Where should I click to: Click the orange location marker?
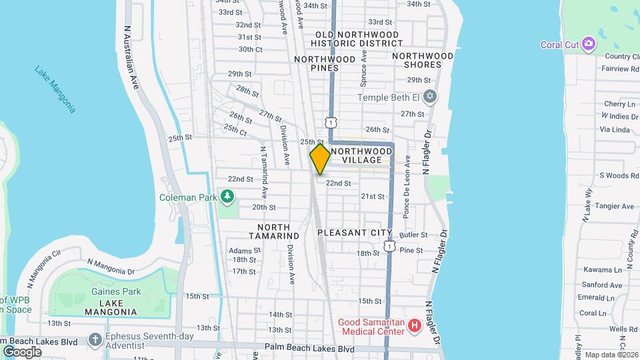coord(321,159)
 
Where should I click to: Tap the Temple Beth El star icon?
coord(430,97)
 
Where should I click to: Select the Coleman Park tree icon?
coord(228,197)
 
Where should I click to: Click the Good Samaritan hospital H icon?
coord(415,326)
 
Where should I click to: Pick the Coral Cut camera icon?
coord(588,45)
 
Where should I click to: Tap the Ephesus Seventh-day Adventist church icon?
coord(95,339)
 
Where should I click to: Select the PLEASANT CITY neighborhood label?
coord(354,233)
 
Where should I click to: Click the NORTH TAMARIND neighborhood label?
coord(274,231)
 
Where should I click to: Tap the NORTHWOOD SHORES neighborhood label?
coord(423,60)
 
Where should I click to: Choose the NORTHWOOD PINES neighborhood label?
coord(325,63)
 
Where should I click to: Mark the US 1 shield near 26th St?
coord(331,122)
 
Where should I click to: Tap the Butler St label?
coord(413,235)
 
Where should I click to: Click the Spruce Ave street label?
coord(364,68)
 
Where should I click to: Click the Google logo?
coord(23,351)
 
